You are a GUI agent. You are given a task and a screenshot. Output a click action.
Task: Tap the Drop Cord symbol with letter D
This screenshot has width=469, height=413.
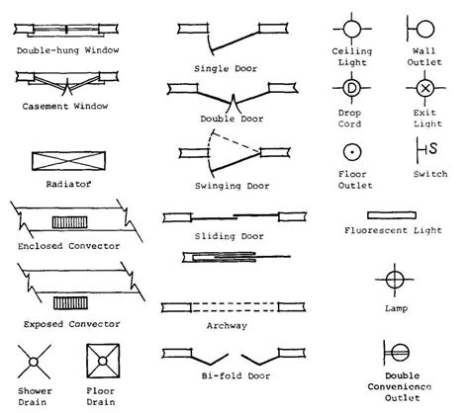(352, 88)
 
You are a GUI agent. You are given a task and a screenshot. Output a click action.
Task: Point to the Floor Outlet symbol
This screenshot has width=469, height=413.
(352, 151)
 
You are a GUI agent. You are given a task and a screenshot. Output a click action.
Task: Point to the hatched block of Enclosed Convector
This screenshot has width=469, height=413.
(69, 220)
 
